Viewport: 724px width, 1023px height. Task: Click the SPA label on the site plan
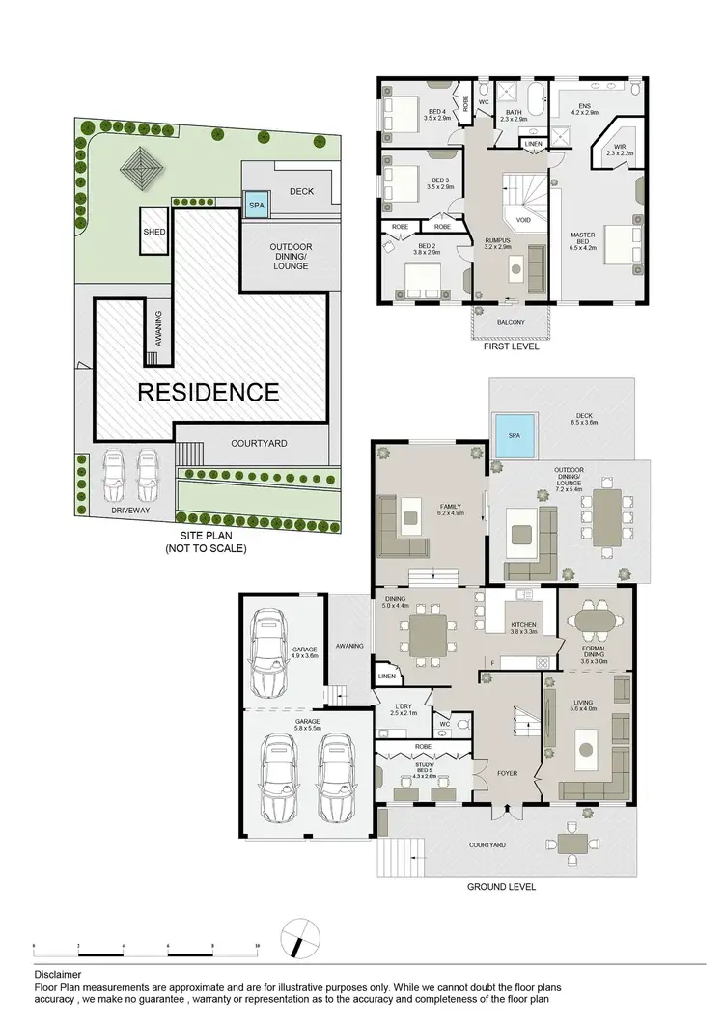256,206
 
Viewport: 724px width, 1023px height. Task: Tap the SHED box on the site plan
153,231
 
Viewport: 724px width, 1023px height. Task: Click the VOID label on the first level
523,220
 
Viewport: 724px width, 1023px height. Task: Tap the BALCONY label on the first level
511,322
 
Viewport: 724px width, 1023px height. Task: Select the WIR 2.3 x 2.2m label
619,149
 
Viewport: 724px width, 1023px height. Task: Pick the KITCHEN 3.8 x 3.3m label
523,629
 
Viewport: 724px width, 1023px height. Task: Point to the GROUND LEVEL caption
501,887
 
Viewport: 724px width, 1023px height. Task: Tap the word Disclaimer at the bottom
58,976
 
